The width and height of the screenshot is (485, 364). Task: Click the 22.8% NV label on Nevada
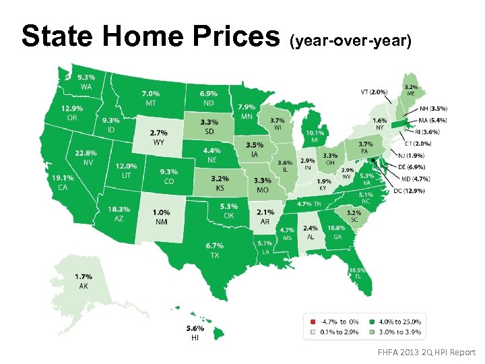click(86, 158)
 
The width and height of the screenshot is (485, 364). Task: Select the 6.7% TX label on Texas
click(215, 250)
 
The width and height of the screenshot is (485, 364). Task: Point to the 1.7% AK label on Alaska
click(84, 281)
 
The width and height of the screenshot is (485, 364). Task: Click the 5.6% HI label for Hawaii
click(195, 332)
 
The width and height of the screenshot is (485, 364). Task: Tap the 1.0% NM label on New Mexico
click(160, 217)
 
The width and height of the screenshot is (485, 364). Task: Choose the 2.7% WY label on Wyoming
click(159, 138)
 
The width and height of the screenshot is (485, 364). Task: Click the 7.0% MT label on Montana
click(151, 98)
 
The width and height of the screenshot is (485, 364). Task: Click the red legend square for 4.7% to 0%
click(313, 322)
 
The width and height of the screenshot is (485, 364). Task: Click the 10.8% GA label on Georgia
click(335, 233)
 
